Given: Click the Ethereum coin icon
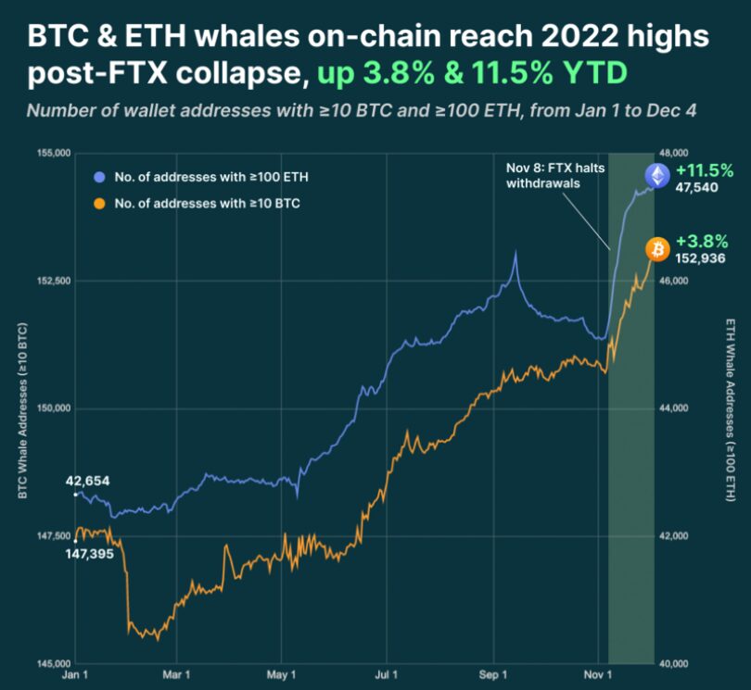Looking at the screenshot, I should tap(656, 177).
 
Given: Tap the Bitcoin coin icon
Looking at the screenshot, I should tap(657, 249).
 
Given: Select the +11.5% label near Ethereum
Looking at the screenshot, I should tap(705, 170).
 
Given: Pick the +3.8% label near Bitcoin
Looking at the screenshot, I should tap(703, 243).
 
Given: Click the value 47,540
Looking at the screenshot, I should tap(700, 187).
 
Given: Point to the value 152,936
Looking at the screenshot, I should tap(701, 258).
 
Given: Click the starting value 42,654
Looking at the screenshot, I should tap(88, 482).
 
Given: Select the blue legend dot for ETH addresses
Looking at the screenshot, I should tap(99, 176).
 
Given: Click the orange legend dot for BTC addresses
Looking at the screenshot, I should tap(99, 200).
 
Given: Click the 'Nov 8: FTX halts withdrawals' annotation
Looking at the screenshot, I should tap(542, 176).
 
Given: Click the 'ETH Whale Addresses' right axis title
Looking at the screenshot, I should tap(731, 408).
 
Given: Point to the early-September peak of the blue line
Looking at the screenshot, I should tap(515, 253).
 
